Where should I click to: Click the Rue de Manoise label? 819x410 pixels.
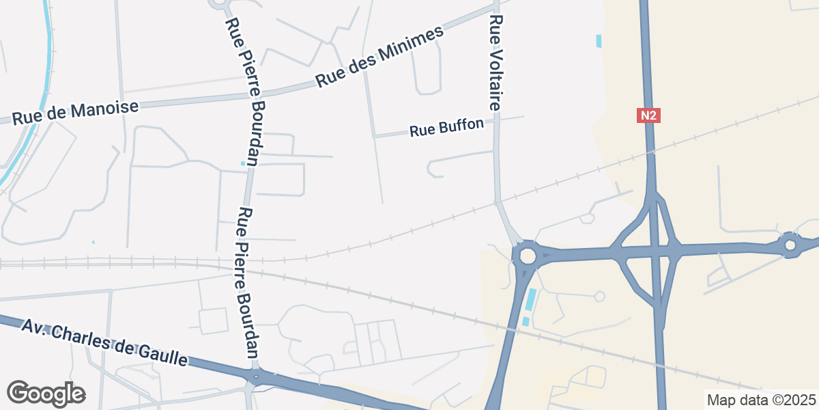75,112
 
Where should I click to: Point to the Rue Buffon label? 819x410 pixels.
446,127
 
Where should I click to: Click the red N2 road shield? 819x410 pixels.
648,115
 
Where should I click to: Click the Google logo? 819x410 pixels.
46,394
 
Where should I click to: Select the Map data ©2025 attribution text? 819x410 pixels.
760,400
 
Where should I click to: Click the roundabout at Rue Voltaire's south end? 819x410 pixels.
527,256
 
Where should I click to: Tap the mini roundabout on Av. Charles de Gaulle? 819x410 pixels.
257,377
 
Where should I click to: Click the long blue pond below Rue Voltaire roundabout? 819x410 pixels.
530,299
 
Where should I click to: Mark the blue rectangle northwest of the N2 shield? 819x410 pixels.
599,41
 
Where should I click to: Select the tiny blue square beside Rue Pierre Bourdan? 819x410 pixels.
243,163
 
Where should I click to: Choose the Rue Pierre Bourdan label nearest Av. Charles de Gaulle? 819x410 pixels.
246,282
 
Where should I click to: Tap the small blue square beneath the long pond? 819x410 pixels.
525,321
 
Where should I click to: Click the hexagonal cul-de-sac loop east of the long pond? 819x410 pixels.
599,296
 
